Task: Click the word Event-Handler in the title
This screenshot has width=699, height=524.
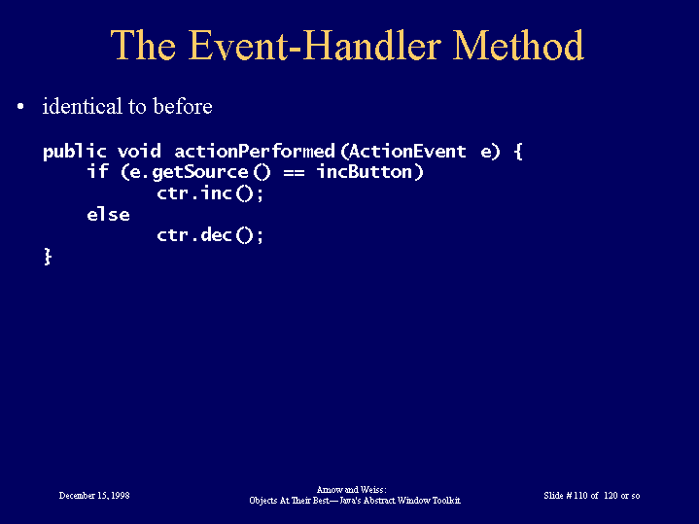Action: pyautogui.click(x=315, y=45)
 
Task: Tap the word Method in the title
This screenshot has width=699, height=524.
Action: pyautogui.click(x=518, y=45)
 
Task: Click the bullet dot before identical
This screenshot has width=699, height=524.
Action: pyautogui.click(x=20, y=107)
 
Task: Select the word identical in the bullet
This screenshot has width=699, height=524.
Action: pyautogui.click(x=82, y=106)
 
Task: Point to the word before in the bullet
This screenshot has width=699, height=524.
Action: pyautogui.click(x=183, y=106)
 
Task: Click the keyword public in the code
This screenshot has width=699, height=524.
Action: pyautogui.click(x=75, y=152)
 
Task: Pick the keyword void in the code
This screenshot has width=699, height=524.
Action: pyautogui.click(x=139, y=152)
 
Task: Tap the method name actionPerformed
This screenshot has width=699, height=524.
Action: pyautogui.click(x=255, y=152)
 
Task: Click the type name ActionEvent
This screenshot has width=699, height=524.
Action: pyautogui.click(x=407, y=152)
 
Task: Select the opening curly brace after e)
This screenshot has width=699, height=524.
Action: pyautogui.click(x=517, y=152)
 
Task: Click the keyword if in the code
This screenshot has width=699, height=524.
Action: pyautogui.click(x=97, y=171)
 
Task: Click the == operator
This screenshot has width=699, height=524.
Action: pyautogui.click(x=294, y=172)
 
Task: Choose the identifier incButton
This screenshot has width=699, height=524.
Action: pyautogui.click(x=365, y=172)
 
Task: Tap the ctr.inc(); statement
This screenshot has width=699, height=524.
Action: pyautogui.click(x=210, y=193)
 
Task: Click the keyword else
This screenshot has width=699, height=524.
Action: pyautogui.click(x=108, y=215)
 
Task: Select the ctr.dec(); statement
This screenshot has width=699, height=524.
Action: pyautogui.click(x=210, y=235)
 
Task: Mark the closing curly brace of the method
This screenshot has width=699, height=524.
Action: pyautogui.click(x=48, y=257)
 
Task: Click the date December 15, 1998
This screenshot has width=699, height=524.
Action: pyautogui.click(x=94, y=496)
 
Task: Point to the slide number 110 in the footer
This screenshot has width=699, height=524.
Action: pyautogui.click(x=580, y=496)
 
